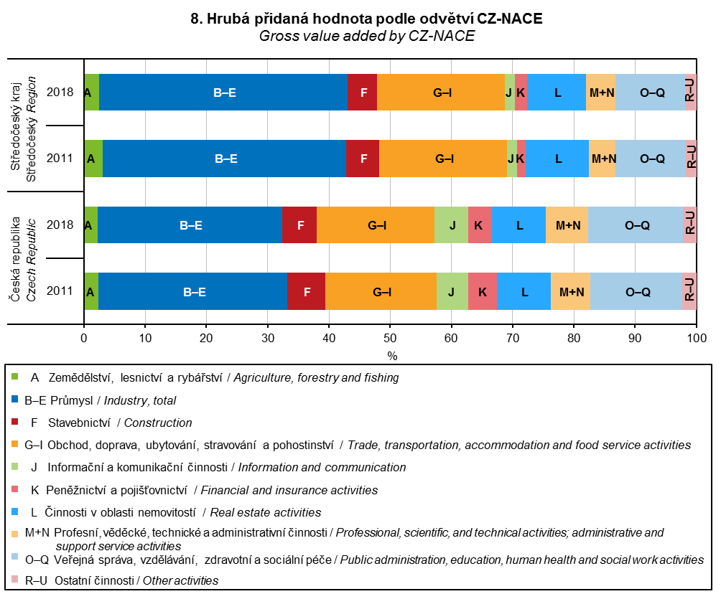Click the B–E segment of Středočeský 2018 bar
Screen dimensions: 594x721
pyautogui.click(x=223, y=92)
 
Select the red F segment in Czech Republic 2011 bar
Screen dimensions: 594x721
pyautogui.click(x=306, y=291)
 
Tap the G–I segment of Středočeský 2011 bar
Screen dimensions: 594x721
pyautogui.click(x=443, y=159)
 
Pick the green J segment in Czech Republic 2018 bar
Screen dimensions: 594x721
pyautogui.click(x=451, y=225)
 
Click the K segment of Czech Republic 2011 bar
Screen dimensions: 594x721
pyautogui.click(x=483, y=291)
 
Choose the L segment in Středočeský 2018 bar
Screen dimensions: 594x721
pyautogui.click(x=557, y=92)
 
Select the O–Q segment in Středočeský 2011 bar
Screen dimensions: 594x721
pyautogui.click(x=651, y=159)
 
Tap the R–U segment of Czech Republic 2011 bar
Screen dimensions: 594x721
pyautogui.click(x=689, y=291)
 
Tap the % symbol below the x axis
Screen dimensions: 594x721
pyautogui.click(x=392, y=355)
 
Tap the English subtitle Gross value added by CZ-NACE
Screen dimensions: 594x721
pyautogui.click(x=367, y=37)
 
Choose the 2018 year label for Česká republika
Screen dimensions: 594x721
pyautogui.click(x=60, y=225)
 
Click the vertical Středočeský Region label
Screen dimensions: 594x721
pyautogui.click(x=32, y=126)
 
